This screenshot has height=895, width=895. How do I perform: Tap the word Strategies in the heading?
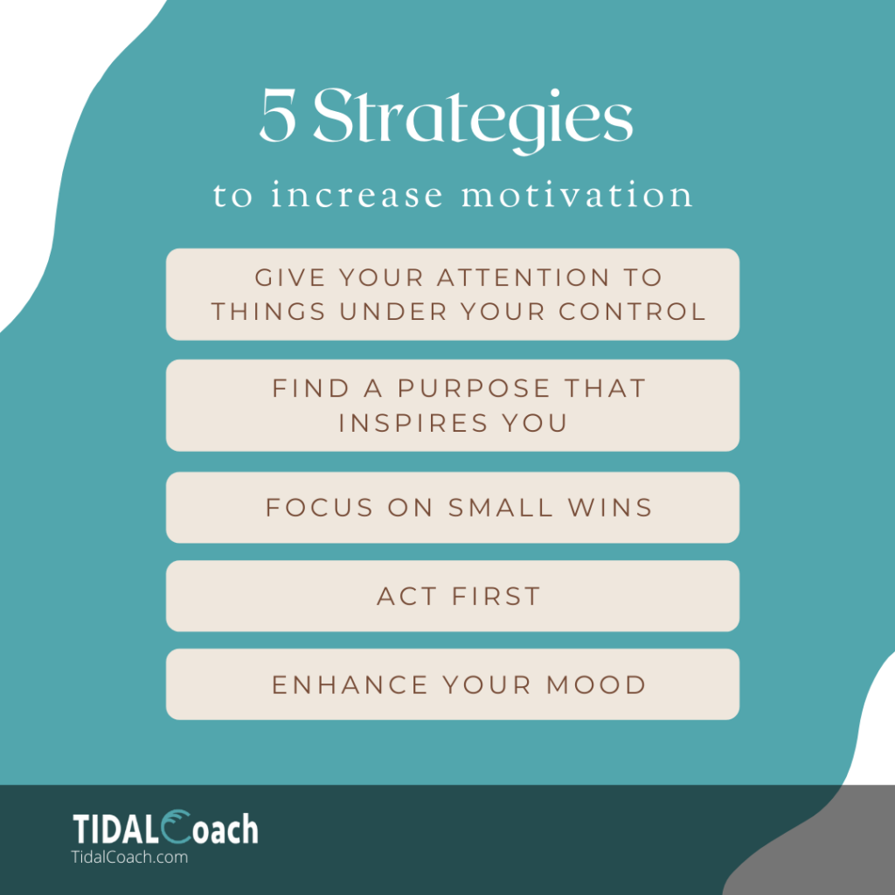pos(473,121)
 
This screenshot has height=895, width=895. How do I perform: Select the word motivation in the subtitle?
pos(577,195)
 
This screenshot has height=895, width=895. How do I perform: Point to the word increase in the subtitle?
pos(357,195)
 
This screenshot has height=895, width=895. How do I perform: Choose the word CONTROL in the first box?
pos(633,312)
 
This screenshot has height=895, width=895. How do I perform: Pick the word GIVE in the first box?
pos(290,278)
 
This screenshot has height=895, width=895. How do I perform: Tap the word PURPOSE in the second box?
pos(474,389)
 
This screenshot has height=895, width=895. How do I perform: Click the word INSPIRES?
pos(413,424)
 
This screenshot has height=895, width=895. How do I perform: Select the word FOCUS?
pos(320,508)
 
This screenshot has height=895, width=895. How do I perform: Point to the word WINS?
pos(610,508)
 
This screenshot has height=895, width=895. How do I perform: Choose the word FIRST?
pos(496,596)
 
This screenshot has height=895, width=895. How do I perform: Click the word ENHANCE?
pos(350,685)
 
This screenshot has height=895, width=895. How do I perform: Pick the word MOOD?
pos(596,685)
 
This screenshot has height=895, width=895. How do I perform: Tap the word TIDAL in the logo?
pos(115,829)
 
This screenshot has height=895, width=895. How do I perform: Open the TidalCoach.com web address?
pos(129,857)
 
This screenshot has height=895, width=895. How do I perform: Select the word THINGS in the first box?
pos(269,312)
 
